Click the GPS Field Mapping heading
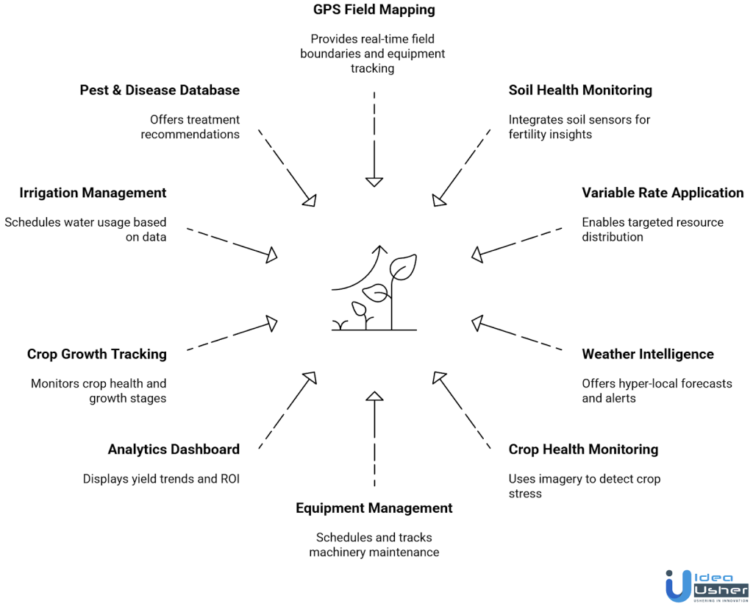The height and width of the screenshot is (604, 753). click(374, 10)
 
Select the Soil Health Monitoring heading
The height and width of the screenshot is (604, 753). click(580, 90)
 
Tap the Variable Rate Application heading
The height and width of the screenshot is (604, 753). click(663, 193)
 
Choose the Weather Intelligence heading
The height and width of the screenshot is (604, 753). click(648, 354)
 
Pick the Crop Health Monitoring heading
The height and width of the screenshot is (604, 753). click(583, 450)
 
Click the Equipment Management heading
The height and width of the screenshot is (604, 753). click(374, 508)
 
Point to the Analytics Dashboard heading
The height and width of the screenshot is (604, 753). click(174, 450)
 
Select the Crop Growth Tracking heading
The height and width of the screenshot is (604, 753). click(97, 354)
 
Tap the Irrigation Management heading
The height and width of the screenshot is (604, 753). click(93, 193)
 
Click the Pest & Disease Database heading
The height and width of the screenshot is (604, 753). click(160, 90)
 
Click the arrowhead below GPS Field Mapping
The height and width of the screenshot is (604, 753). click(374, 181)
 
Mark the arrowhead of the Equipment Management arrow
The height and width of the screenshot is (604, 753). click(374, 397)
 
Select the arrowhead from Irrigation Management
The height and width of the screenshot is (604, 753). click(271, 255)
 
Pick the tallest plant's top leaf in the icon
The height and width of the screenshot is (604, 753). click(404, 266)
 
